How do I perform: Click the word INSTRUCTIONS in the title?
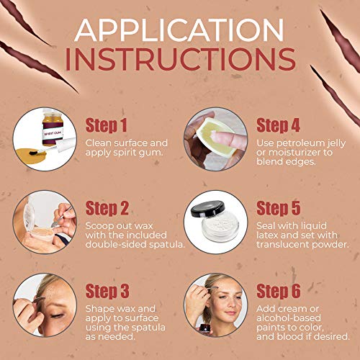[179, 59]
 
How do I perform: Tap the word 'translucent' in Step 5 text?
[284, 244]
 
